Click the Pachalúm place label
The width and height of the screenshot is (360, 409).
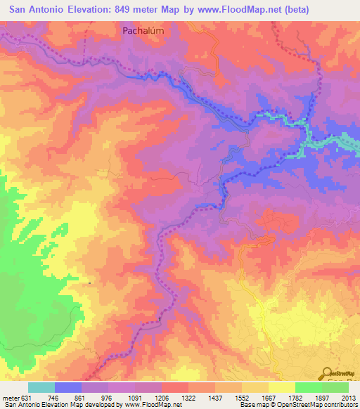[x=146, y=31]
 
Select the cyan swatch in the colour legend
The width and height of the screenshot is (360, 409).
[x=41, y=387]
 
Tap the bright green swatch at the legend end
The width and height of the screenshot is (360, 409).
[x=335, y=387]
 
